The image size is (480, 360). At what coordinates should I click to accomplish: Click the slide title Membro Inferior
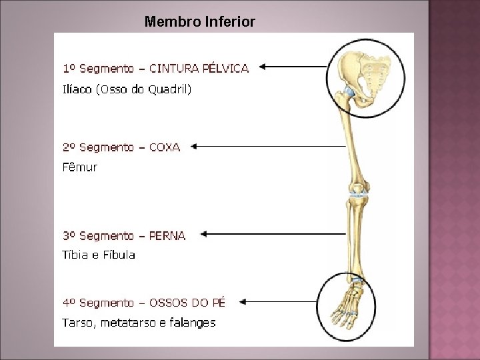click(x=199, y=22)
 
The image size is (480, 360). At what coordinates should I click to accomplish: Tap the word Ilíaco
click(x=78, y=89)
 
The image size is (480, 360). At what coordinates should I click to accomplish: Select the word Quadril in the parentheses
click(x=169, y=89)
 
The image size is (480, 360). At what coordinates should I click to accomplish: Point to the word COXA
click(x=165, y=147)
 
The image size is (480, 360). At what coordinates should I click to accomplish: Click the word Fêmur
click(x=79, y=167)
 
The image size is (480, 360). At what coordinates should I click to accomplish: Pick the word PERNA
click(x=168, y=235)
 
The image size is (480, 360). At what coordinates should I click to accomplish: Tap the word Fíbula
click(x=120, y=255)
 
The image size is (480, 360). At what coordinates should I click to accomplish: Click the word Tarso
click(x=77, y=323)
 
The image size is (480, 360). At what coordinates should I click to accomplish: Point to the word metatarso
click(x=130, y=323)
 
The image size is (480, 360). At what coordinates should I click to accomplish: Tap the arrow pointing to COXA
click(x=267, y=146)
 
